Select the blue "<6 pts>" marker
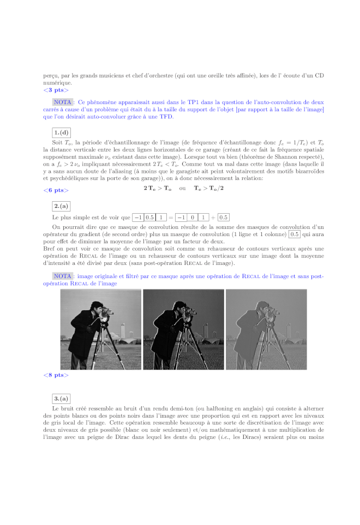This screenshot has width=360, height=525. tap(56, 190)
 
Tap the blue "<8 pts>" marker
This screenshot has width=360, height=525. tap(56, 375)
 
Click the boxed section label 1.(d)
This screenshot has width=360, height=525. tap(61, 131)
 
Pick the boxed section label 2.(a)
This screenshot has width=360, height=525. tap(61, 206)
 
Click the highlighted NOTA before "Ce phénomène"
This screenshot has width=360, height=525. tap(64, 102)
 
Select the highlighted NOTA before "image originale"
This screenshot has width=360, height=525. tap(64, 276)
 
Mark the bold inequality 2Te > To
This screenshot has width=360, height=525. tap(157, 188)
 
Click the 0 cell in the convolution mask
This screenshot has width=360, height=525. tap(192, 217)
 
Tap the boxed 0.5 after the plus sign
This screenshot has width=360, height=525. tap(224, 217)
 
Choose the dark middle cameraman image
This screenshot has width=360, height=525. tap(183, 329)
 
